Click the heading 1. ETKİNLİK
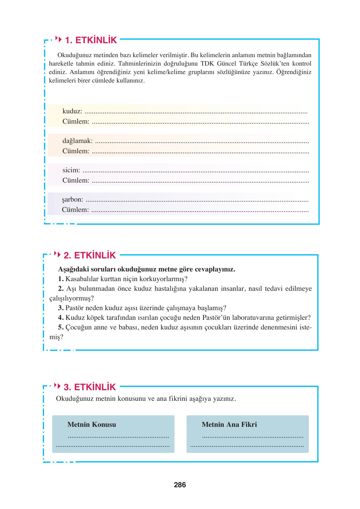(91, 40)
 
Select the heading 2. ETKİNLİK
(90, 255)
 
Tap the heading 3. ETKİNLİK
(90, 387)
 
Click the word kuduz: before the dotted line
(72, 111)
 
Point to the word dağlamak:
(77, 141)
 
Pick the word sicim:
(71, 170)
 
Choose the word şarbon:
(73, 199)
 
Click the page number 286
(180, 485)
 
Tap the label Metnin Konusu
(92, 424)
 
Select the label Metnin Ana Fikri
(229, 424)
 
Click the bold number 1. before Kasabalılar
(61, 279)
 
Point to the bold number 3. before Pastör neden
(61, 308)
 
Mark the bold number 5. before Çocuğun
(61, 327)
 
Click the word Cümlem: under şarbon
(75, 210)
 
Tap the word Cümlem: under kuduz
(76, 122)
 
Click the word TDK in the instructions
(207, 64)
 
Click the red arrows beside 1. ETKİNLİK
(58, 39)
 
